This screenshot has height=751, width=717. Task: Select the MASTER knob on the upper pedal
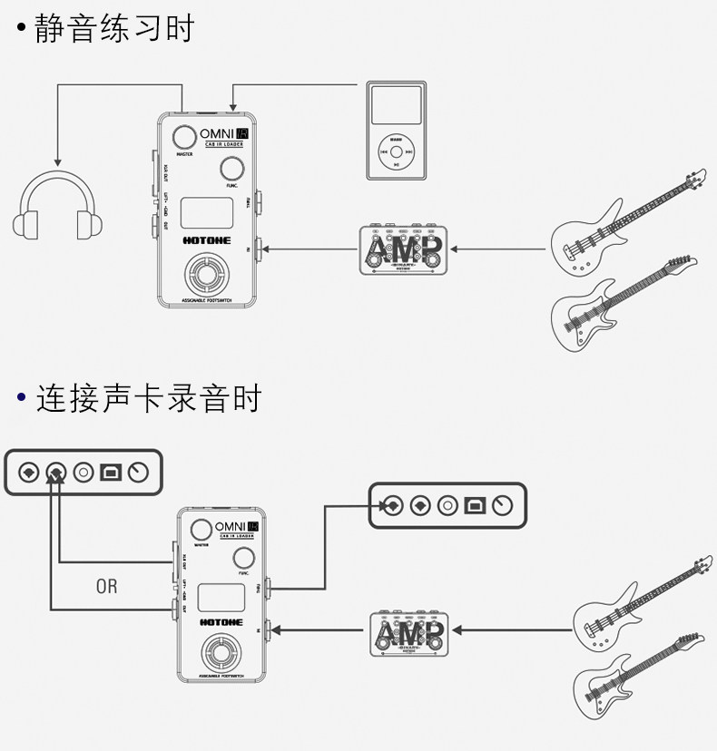click(185, 138)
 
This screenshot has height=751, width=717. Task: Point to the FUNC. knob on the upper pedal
click(232, 168)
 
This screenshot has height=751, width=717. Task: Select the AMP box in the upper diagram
click(405, 249)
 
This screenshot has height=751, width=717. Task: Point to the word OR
click(106, 586)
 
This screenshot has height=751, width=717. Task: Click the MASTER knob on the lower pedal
click(201, 532)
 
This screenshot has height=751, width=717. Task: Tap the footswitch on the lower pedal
click(221, 654)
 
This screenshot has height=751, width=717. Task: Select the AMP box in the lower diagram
click(409, 632)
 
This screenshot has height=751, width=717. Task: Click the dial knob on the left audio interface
click(138, 473)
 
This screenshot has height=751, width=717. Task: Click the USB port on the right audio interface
click(475, 505)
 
